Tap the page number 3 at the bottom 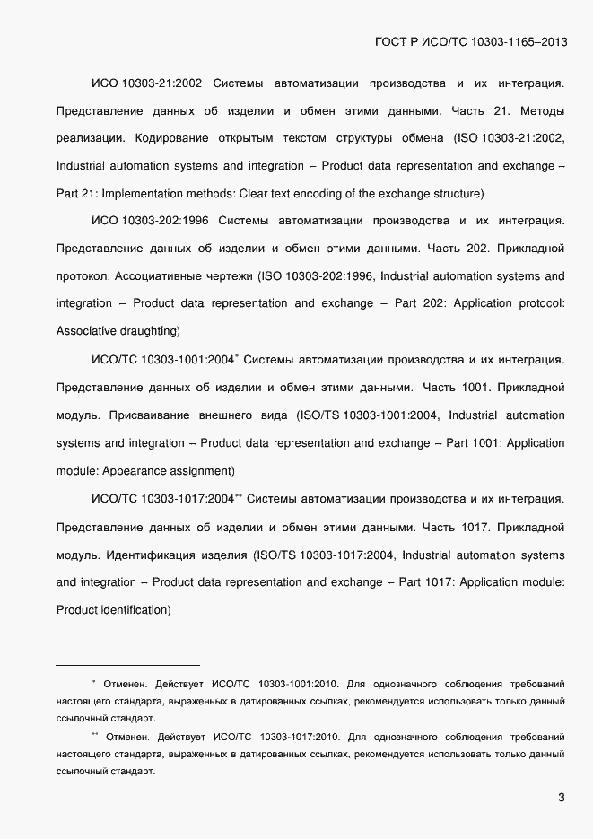[x=561, y=797]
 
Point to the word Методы [x=542, y=111]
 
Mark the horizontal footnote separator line [x=127, y=665]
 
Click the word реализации [x=91, y=138]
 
